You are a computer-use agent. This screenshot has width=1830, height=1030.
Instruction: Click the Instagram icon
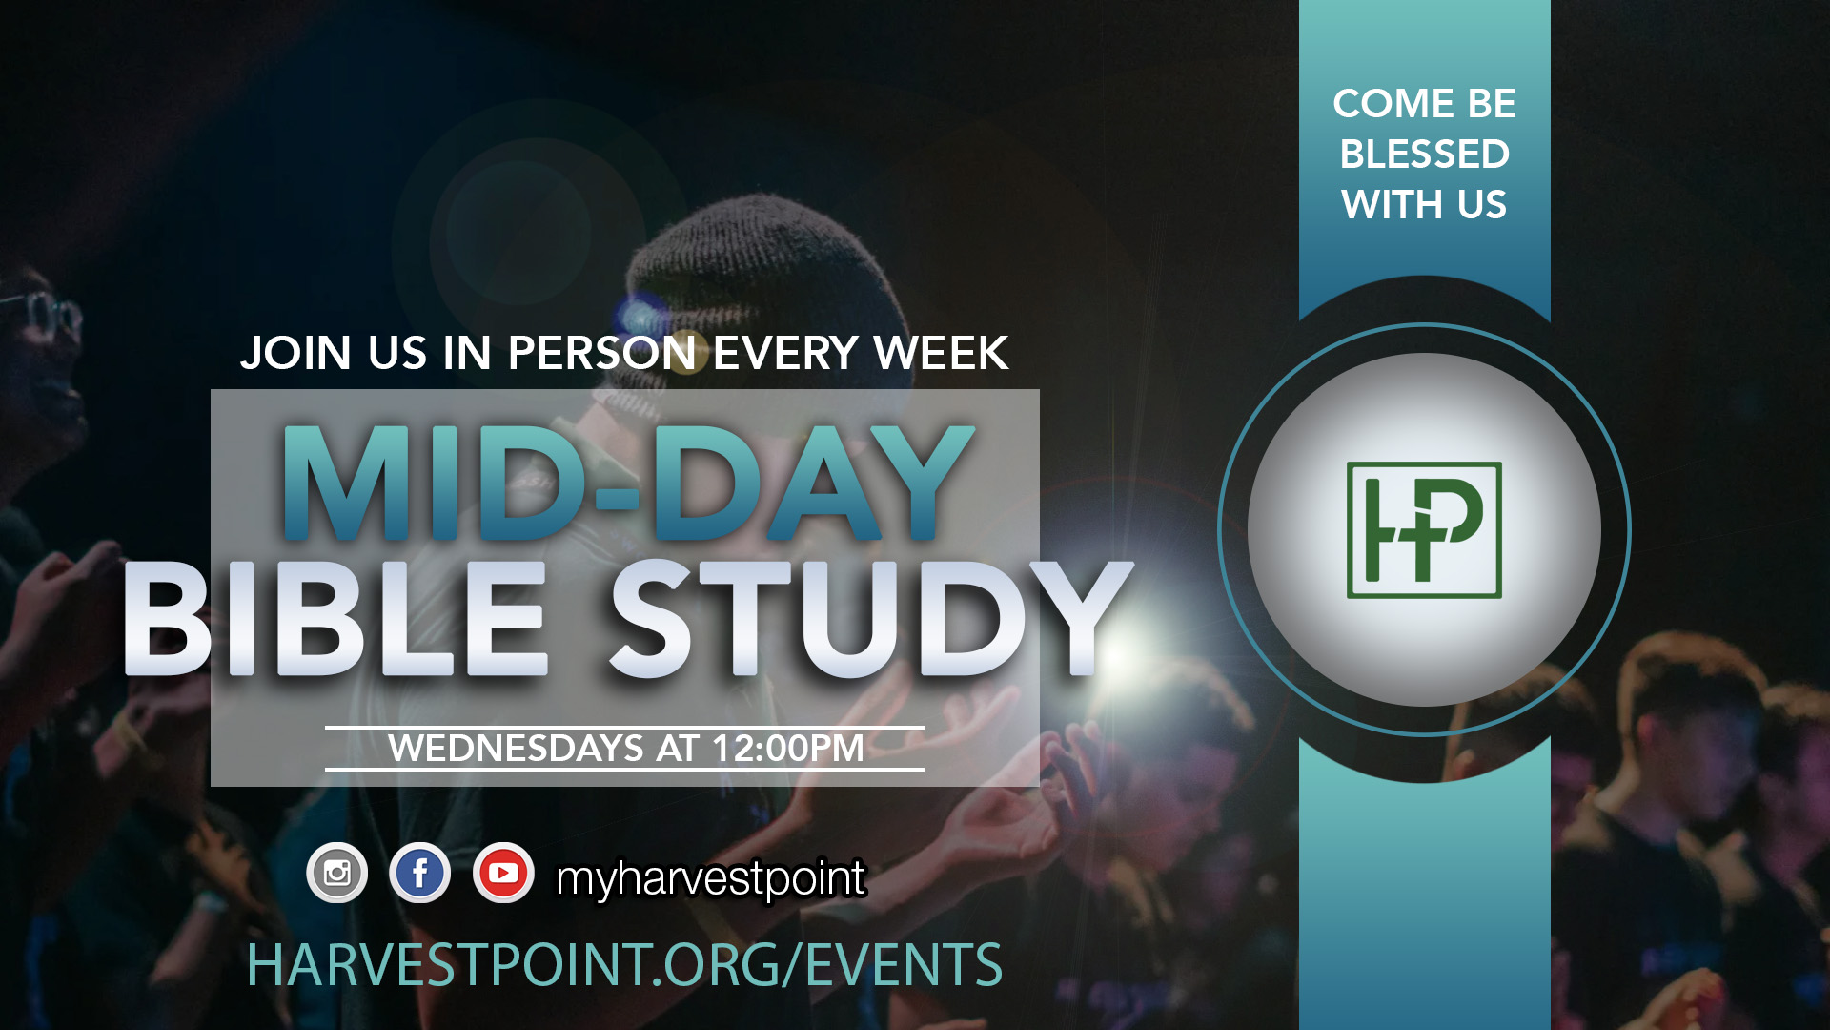[x=336, y=873]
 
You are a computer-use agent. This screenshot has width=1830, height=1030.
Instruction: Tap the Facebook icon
[x=420, y=873]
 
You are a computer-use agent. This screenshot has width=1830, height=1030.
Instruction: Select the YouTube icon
[x=503, y=873]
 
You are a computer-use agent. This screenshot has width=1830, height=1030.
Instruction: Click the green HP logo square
[x=1424, y=530]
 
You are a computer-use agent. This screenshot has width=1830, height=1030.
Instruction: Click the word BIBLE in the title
[x=335, y=618]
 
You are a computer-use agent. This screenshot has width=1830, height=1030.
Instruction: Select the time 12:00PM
[x=788, y=749]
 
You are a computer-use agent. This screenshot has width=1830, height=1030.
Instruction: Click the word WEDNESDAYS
[x=516, y=749]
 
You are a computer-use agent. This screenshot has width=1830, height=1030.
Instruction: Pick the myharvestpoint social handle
[x=711, y=878]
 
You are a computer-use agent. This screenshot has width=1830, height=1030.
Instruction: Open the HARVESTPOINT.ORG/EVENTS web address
[x=625, y=965]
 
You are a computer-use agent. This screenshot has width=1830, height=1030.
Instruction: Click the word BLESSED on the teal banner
[x=1425, y=154]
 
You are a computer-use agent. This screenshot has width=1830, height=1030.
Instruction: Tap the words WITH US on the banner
[x=1425, y=204]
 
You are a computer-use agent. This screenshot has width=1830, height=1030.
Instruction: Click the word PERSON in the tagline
[x=602, y=353]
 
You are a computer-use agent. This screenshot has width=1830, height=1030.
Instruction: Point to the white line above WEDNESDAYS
[x=624, y=728]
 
